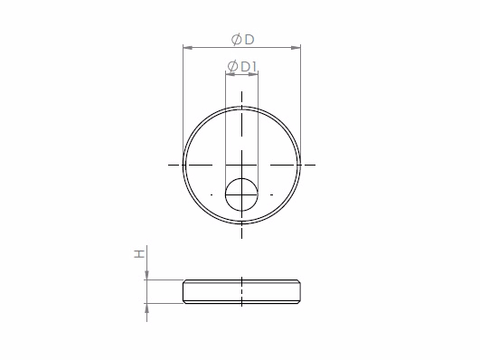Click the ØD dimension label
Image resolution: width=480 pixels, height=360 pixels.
(243, 40)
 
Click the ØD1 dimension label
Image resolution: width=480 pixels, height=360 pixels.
(242, 67)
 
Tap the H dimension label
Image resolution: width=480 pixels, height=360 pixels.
(139, 254)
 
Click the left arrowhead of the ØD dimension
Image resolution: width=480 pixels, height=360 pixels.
(188, 48)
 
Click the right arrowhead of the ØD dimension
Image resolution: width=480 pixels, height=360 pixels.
(296, 48)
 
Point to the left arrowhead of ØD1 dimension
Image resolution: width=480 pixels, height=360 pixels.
(231, 74)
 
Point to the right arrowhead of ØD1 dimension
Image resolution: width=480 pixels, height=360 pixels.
(253, 74)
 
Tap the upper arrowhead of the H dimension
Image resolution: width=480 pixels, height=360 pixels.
(147, 275)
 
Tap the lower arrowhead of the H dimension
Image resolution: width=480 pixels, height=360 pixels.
(147, 308)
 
